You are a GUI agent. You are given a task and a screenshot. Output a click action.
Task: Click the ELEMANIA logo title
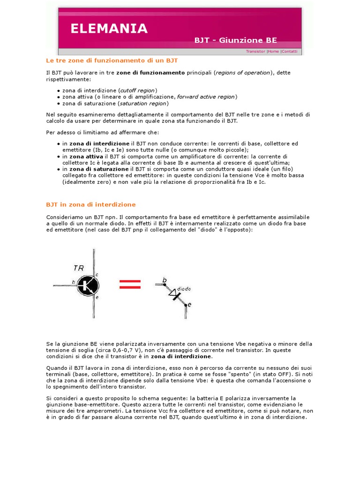click(x=109, y=29)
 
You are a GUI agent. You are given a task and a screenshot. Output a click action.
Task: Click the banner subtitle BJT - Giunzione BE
click(x=235, y=40)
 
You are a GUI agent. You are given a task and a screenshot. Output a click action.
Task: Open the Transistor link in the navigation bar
click(x=255, y=52)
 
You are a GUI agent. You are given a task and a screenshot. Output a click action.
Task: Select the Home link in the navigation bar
click(x=273, y=52)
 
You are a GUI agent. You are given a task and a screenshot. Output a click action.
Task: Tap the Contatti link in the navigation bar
click(x=289, y=52)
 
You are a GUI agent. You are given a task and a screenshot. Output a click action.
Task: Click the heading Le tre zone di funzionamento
click(x=112, y=60)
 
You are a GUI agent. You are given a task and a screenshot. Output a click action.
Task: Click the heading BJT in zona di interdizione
click(x=91, y=204)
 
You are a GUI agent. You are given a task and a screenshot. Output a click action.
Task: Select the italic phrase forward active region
click(x=206, y=97)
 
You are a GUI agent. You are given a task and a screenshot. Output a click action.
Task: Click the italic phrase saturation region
click(x=143, y=103)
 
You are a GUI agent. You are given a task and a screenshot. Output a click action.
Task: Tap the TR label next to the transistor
click(x=79, y=268)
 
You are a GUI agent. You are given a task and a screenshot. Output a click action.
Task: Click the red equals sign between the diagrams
click(x=129, y=284)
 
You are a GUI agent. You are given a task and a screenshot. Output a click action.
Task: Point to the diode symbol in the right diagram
click(x=174, y=294)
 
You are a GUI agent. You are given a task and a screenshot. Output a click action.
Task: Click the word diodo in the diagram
click(x=183, y=289)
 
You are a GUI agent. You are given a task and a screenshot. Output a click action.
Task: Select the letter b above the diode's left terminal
click(x=164, y=280)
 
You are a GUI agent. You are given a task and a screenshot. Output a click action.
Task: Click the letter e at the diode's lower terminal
click(x=189, y=305)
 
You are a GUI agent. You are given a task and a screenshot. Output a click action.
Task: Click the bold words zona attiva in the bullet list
click(x=86, y=156)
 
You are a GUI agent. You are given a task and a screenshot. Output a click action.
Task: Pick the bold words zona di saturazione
click(x=98, y=169)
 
